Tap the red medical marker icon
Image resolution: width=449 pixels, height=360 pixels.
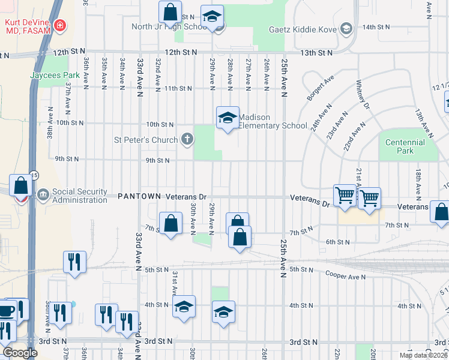click(60, 25)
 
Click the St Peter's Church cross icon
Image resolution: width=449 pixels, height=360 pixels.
click(187, 140)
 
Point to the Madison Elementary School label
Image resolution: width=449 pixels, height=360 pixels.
click(268, 121)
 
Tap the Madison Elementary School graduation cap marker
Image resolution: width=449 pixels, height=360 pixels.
click(228, 118)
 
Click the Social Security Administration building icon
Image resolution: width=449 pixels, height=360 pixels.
click(43, 195)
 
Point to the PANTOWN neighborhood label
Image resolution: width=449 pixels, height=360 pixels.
click(139, 196)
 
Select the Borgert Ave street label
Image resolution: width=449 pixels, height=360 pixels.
click(321, 88)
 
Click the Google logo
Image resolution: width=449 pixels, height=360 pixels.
click(20, 353)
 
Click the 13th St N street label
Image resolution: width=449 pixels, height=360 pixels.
click(316, 53)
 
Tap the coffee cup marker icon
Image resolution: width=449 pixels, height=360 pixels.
click(7, 310)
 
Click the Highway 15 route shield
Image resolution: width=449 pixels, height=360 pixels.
click(34, 175)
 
